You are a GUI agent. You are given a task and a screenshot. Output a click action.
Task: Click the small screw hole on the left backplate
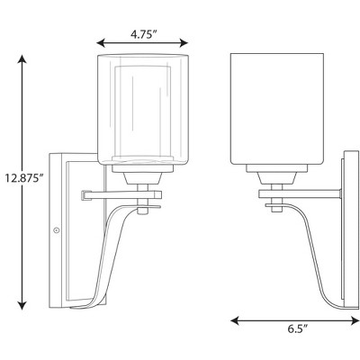[58, 232]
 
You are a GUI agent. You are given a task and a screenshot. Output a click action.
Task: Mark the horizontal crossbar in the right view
[297, 192]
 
